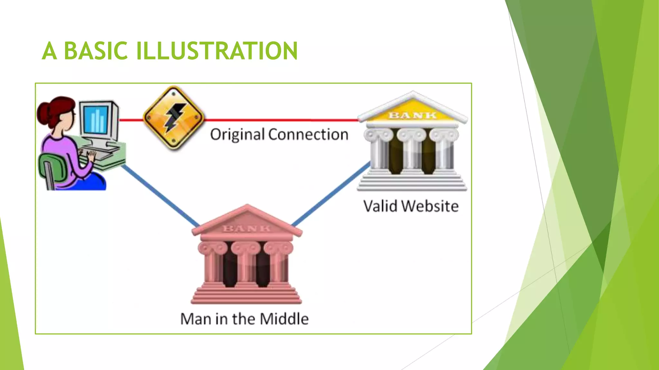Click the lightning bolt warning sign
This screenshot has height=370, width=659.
[173, 118]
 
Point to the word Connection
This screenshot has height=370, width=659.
[308, 135]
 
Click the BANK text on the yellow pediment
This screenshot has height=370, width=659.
[413, 115]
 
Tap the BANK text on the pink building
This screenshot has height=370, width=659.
[247, 229]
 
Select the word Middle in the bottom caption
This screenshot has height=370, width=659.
[284, 319]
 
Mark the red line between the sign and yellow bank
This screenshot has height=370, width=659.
[280, 120]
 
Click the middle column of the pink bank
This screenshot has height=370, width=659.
[246, 267]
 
